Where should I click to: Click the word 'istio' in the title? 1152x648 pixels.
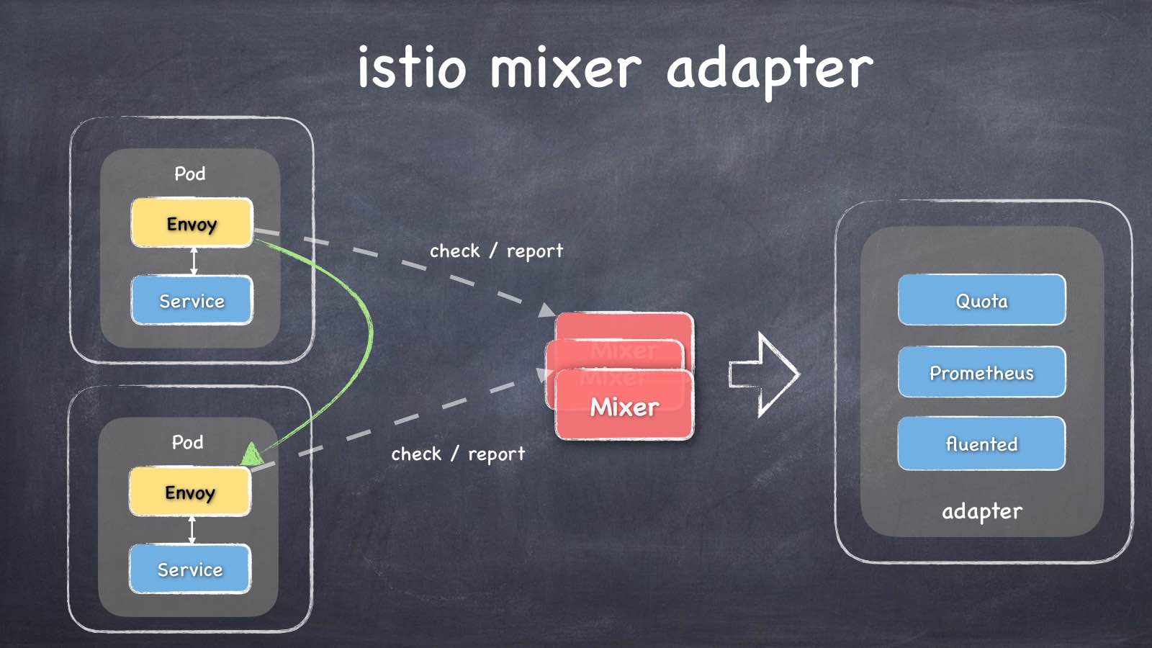tap(411, 68)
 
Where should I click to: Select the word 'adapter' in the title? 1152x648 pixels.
tap(769, 69)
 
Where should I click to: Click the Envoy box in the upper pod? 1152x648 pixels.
tap(192, 223)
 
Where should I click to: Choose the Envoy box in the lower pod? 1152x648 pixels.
tap(190, 492)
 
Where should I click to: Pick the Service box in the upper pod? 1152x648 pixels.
tap(192, 300)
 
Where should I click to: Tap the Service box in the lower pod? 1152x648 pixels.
tap(190, 569)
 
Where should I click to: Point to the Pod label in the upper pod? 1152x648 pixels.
tap(190, 174)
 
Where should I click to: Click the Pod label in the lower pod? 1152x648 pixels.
tap(188, 442)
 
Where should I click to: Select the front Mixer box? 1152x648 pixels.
tap(624, 407)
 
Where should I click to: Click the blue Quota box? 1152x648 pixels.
tap(981, 300)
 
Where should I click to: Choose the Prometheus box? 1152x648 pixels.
tap(981, 372)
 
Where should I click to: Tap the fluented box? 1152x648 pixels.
tap(981, 444)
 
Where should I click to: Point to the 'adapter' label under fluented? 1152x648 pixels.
tap(982, 511)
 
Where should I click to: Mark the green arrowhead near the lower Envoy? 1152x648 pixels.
tap(251, 454)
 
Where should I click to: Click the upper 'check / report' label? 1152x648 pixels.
tap(496, 251)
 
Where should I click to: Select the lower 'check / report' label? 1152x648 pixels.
tap(458, 454)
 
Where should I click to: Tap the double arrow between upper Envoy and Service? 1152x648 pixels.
tap(193, 261)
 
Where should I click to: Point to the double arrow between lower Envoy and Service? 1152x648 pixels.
tap(192, 530)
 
